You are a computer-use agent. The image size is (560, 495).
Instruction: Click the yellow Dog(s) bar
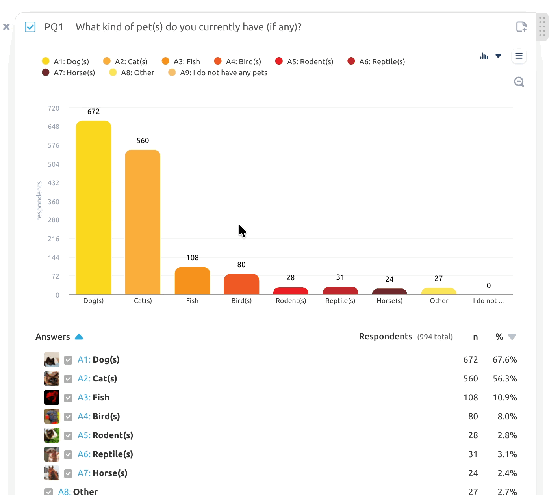tap(93, 208)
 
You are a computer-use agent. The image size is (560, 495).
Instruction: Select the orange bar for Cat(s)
tap(143, 222)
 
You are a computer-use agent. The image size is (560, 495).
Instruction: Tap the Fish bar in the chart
tap(192, 281)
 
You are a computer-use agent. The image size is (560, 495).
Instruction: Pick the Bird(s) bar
tap(241, 284)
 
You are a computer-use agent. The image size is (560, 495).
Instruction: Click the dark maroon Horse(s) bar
tap(389, 291)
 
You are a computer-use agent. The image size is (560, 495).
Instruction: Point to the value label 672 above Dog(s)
tap(93, 111)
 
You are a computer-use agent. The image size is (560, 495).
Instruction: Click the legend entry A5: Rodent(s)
tap(304, 61)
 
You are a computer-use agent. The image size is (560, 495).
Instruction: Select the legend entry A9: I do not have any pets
tap(218, 73)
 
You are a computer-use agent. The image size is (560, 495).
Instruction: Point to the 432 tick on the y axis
tap(53, 182)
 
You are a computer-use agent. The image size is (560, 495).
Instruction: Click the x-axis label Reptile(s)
tap(340, 301)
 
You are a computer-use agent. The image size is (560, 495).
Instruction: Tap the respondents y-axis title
tap(39, 201)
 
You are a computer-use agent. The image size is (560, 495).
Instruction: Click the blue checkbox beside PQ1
tap(30, 27)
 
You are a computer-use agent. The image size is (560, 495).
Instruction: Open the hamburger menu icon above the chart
tap(519, 56)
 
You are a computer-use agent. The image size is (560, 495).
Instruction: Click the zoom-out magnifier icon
tap(519, 82)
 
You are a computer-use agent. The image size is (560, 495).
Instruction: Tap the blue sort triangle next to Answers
tap(79, 337)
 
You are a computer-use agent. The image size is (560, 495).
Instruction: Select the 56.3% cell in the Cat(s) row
tap(504, 378)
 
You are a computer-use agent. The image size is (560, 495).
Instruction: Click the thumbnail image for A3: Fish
tap(52, 397)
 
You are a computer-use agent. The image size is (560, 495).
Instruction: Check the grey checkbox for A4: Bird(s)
tap(68, 417)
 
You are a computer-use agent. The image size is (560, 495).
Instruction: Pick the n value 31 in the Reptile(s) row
tap(473, 454)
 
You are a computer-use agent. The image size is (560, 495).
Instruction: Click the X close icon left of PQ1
tap(6, 27)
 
